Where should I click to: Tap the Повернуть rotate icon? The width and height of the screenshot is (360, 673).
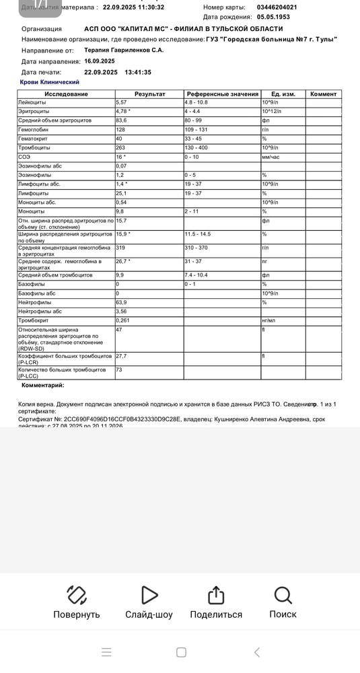point(77,595)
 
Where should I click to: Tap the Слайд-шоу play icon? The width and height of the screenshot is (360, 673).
point(149,595)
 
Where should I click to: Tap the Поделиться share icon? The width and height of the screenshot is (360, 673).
point(215,595)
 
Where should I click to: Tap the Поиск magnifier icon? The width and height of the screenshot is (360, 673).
point(283,595)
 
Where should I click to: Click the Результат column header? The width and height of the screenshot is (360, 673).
point(149,94)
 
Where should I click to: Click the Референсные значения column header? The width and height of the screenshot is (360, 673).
point(222,94)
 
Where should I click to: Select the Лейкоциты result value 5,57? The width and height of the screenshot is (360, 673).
point(122,102)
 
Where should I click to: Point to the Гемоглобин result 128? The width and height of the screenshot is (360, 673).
point(122,129)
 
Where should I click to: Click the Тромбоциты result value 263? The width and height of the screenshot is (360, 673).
point(122,147)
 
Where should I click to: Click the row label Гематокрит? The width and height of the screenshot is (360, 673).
point(34,139)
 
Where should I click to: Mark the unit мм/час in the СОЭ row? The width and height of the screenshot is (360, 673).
point(272,157)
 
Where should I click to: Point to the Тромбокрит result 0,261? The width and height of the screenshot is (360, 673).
point(124,320)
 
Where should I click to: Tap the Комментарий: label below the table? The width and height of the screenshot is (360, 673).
point(43,386)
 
